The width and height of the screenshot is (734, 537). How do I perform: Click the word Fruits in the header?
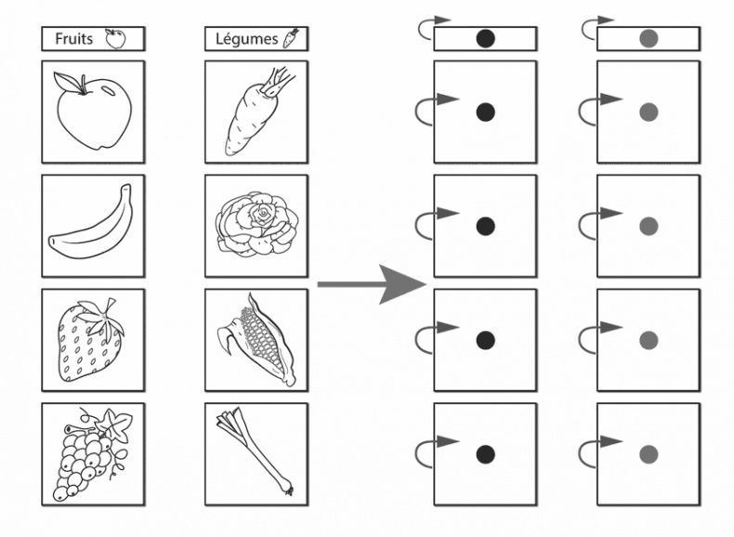point(73,38)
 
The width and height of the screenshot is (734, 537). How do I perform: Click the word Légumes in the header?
point(247,39)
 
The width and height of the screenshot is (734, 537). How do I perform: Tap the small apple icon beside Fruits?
point(115,38)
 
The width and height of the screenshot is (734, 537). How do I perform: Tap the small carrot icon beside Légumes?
point(291,38)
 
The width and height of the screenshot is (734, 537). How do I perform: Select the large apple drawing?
point(94,111)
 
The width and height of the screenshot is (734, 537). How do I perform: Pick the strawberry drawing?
point(91,340)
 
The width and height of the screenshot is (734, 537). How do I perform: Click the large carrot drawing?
point(257,112)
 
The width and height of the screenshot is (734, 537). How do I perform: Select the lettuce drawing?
point(256,225)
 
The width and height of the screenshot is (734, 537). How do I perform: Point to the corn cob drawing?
point(257,340)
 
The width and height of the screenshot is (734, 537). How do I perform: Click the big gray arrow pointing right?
point(372,284)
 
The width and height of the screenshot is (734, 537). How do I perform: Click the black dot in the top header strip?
point(485,38)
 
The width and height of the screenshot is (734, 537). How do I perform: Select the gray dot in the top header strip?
point(649,38)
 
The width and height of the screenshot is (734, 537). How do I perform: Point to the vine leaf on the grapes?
point(114,424)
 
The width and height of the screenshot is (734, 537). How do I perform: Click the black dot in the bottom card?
point(485,454)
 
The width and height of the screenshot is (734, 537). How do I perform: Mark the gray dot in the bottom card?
point(649,454)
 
